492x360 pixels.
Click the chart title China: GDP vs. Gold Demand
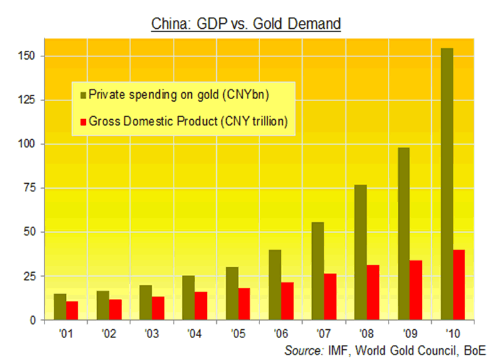[x=246, y=24]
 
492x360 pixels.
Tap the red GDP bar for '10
[x=459, y=285]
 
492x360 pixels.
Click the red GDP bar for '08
[x=373, y=292]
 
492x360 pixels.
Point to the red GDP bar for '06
[x=287, y=301]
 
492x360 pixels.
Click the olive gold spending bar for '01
[x=60, y=307]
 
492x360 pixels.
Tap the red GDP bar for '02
[x=115, y=309]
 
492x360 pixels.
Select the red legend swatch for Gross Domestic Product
[x=81, y=122]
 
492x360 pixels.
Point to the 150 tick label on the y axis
[x=29, y=56]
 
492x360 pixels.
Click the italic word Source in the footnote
[x=303, y=350]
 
